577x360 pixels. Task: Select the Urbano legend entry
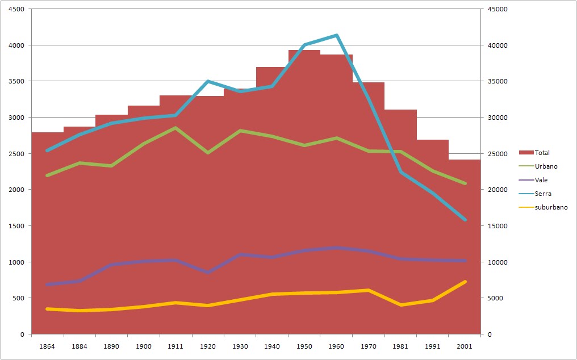pyautogui.click(x=545, y=166)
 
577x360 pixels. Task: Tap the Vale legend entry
pyautogui.click(x=541, y=180)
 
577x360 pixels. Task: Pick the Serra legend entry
pyautogui.click(x=542, y=194)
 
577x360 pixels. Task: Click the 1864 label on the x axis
pyautogui.click(x=47, y=346)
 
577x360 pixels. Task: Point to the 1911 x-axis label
pyautogui.click(x=175, y=346)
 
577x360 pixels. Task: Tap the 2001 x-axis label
pyautogui.click(x=465, y=346)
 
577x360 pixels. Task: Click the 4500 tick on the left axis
pyautogui.click(x=15, y=9)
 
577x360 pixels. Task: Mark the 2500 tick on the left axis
pyautogui.click(x=15, y=154)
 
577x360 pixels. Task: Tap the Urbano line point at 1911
pyautogui.click(x=175, y=128)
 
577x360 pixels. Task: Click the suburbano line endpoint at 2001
pyautogui.click(x=465, y=282)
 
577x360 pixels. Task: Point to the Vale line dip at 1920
pyautogui.click(x=208, y=273)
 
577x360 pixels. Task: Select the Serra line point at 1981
pyautogui.click(x=400, y=171)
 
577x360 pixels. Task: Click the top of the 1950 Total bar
pyautogui.click(x=304, y=51)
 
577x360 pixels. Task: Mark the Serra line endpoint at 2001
pyautogui.click(x=465, y=219)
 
